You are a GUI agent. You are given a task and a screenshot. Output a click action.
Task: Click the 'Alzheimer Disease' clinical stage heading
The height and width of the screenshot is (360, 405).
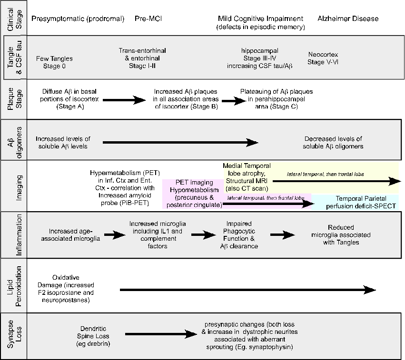click(x=348, y=19)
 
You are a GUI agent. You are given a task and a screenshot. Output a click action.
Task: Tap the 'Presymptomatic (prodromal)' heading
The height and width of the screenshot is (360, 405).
click(x=78, y=19)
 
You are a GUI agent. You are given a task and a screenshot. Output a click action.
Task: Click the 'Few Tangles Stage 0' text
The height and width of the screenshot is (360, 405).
click(x=54, y=62)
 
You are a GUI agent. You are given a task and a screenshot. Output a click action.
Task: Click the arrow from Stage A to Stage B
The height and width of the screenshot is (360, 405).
click(x=124, y=100)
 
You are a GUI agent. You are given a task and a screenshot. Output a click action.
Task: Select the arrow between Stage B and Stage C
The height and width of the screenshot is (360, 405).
click(x=230, y=100)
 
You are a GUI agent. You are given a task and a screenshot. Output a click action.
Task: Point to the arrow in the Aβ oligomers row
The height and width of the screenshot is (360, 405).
click(x=180, y=142)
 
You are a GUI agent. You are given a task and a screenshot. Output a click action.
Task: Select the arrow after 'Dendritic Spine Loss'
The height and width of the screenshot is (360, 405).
click(x=155, y=335)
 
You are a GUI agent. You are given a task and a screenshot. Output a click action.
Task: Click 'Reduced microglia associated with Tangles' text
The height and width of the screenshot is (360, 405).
click(x=335, y=235)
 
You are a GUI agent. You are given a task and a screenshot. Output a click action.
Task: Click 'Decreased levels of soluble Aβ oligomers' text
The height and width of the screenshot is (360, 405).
click(x=333, y=142)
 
